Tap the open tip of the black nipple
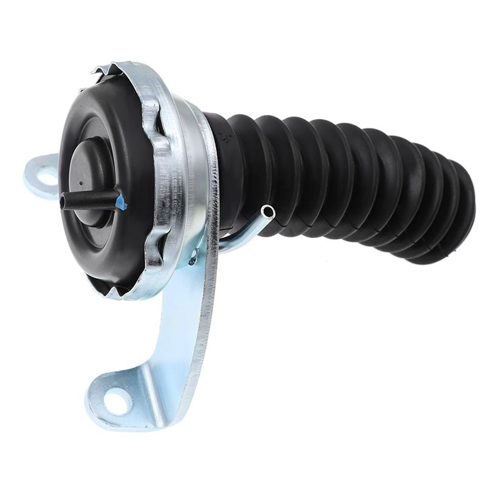click(63, 201)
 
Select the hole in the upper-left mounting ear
click(46, 177)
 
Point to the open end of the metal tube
click(268, 211)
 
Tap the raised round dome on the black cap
click(91, 170)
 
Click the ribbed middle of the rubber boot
click(340, 176)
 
